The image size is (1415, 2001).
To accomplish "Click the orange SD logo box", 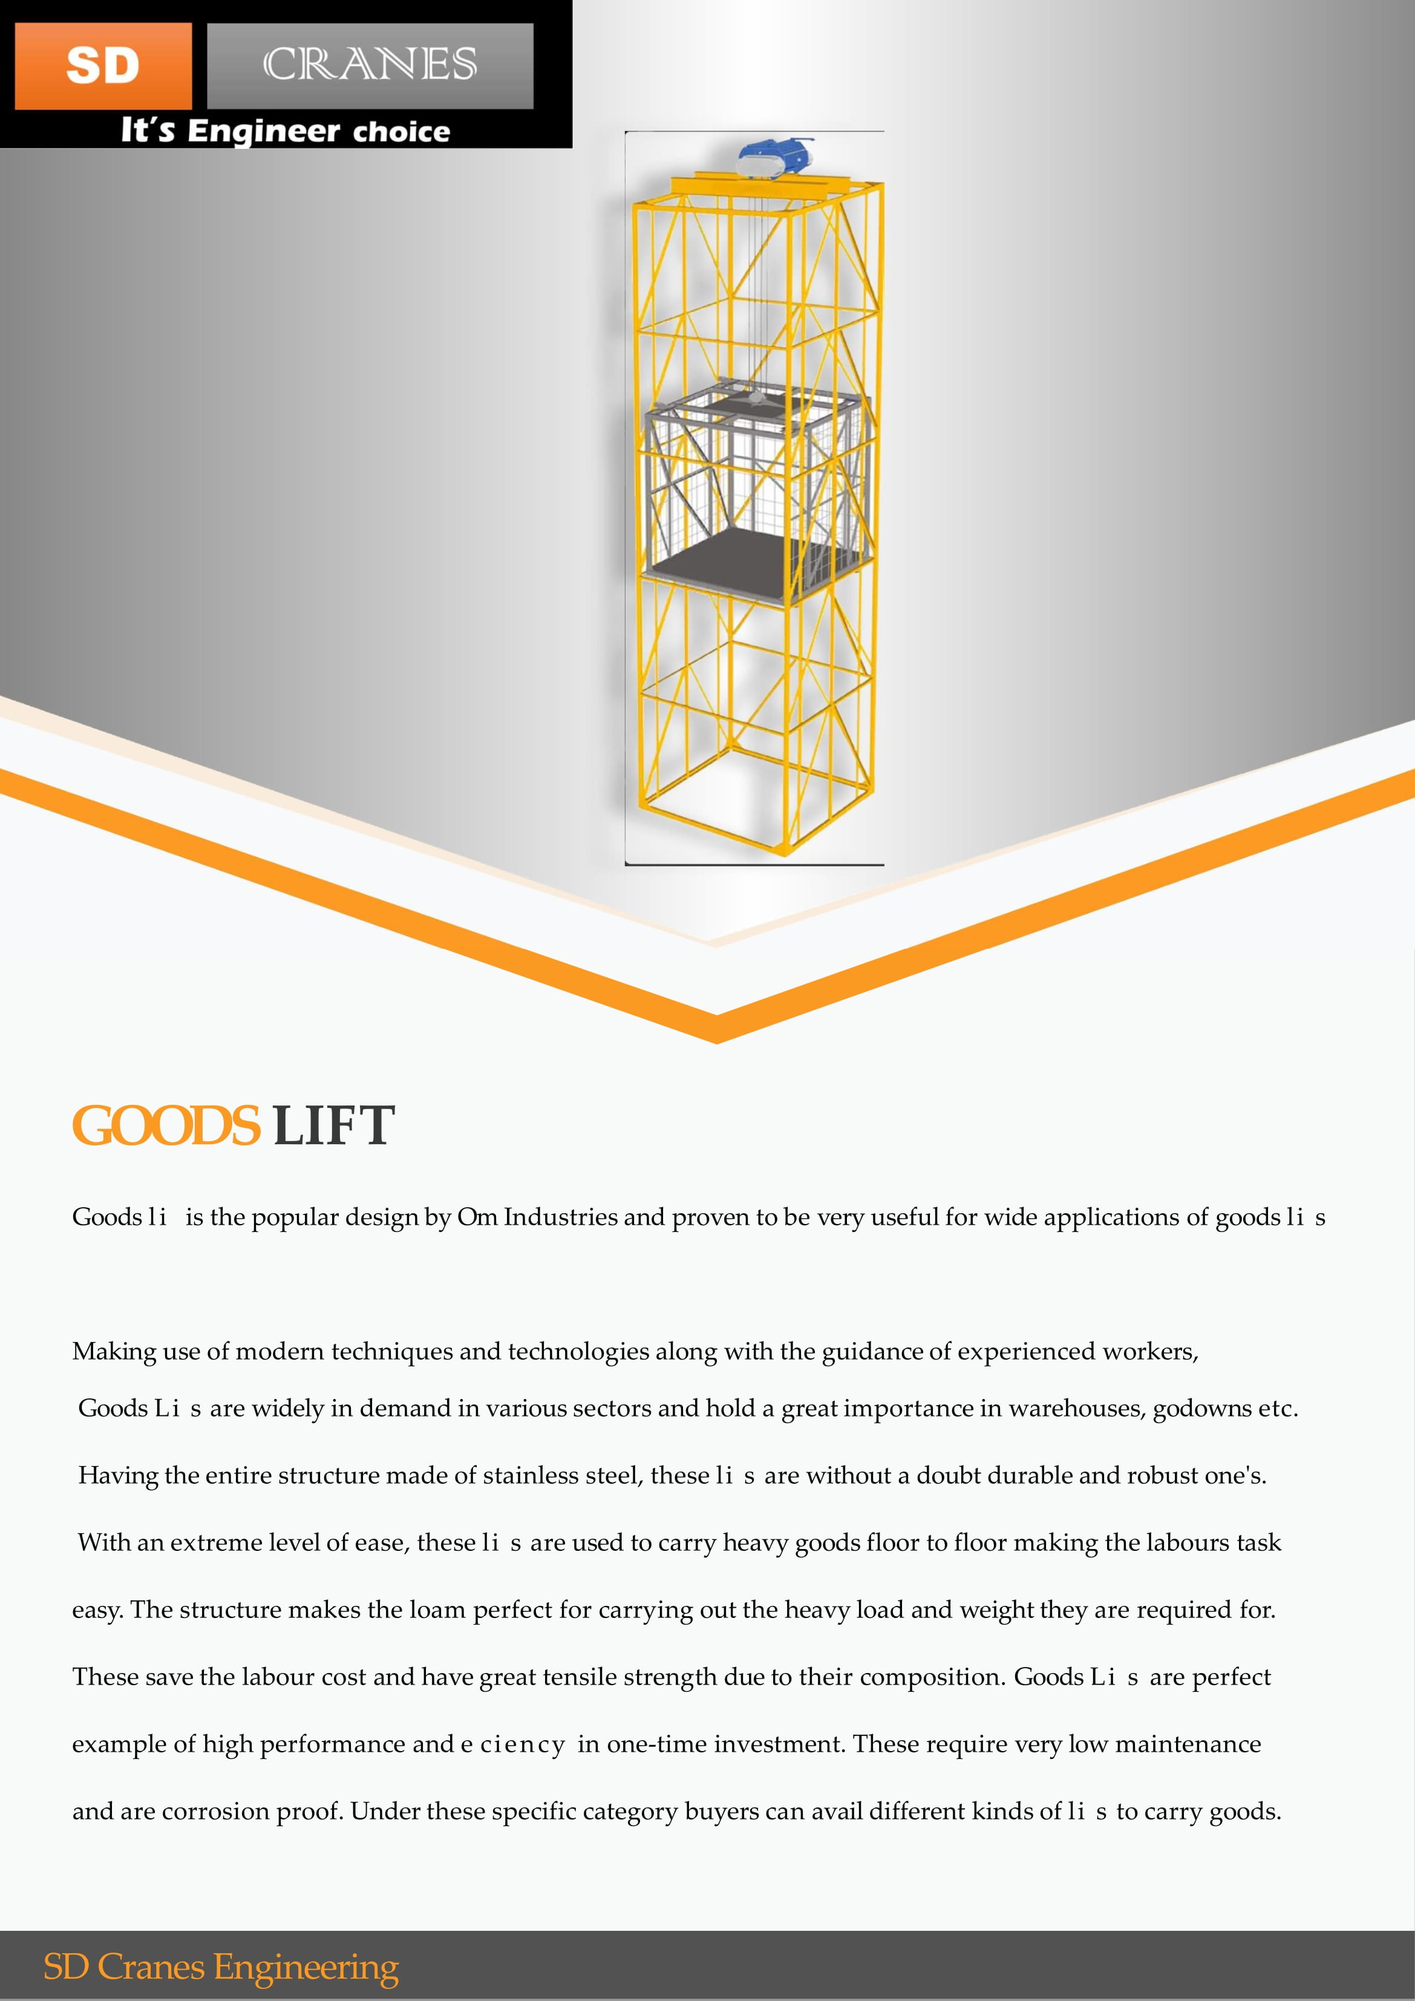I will (x=103, y=66).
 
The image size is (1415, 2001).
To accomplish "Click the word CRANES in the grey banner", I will (x=370, y=65).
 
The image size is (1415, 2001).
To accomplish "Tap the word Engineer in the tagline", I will (x=263, y=131).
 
